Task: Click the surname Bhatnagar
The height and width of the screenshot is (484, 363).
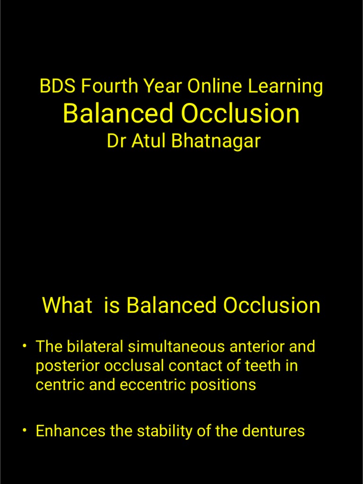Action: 216,141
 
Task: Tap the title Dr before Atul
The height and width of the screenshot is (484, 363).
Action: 116,141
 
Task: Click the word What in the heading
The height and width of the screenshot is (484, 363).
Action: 67,305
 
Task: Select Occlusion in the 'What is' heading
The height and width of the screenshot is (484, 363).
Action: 272,305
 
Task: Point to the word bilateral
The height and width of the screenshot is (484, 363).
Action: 90,346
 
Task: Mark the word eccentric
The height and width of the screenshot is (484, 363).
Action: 153,384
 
